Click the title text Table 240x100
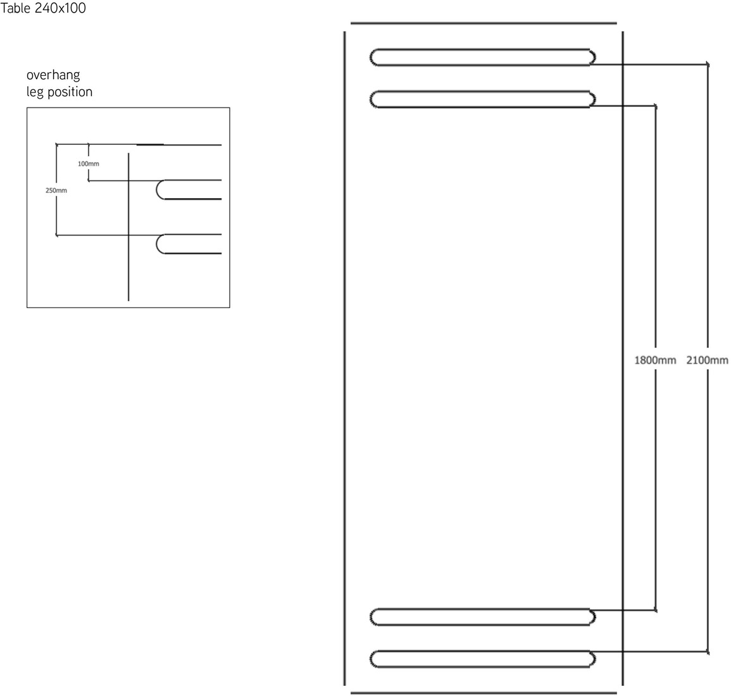coord(43,8)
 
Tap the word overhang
coord(53,75)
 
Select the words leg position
coord(59,92)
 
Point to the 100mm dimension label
coord(88,164)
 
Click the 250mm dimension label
coord(56,190)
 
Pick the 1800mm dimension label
coord(655,360)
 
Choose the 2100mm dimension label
coord(707,360)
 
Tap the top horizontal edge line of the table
coord(484,23)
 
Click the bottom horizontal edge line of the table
coord(484,693)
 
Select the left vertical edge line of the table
coord(344,359)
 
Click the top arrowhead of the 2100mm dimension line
coord(708,64)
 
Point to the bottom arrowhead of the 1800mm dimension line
coord(656,610)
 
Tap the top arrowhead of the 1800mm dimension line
coord(656,106)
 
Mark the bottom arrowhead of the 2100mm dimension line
coord(708,652)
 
